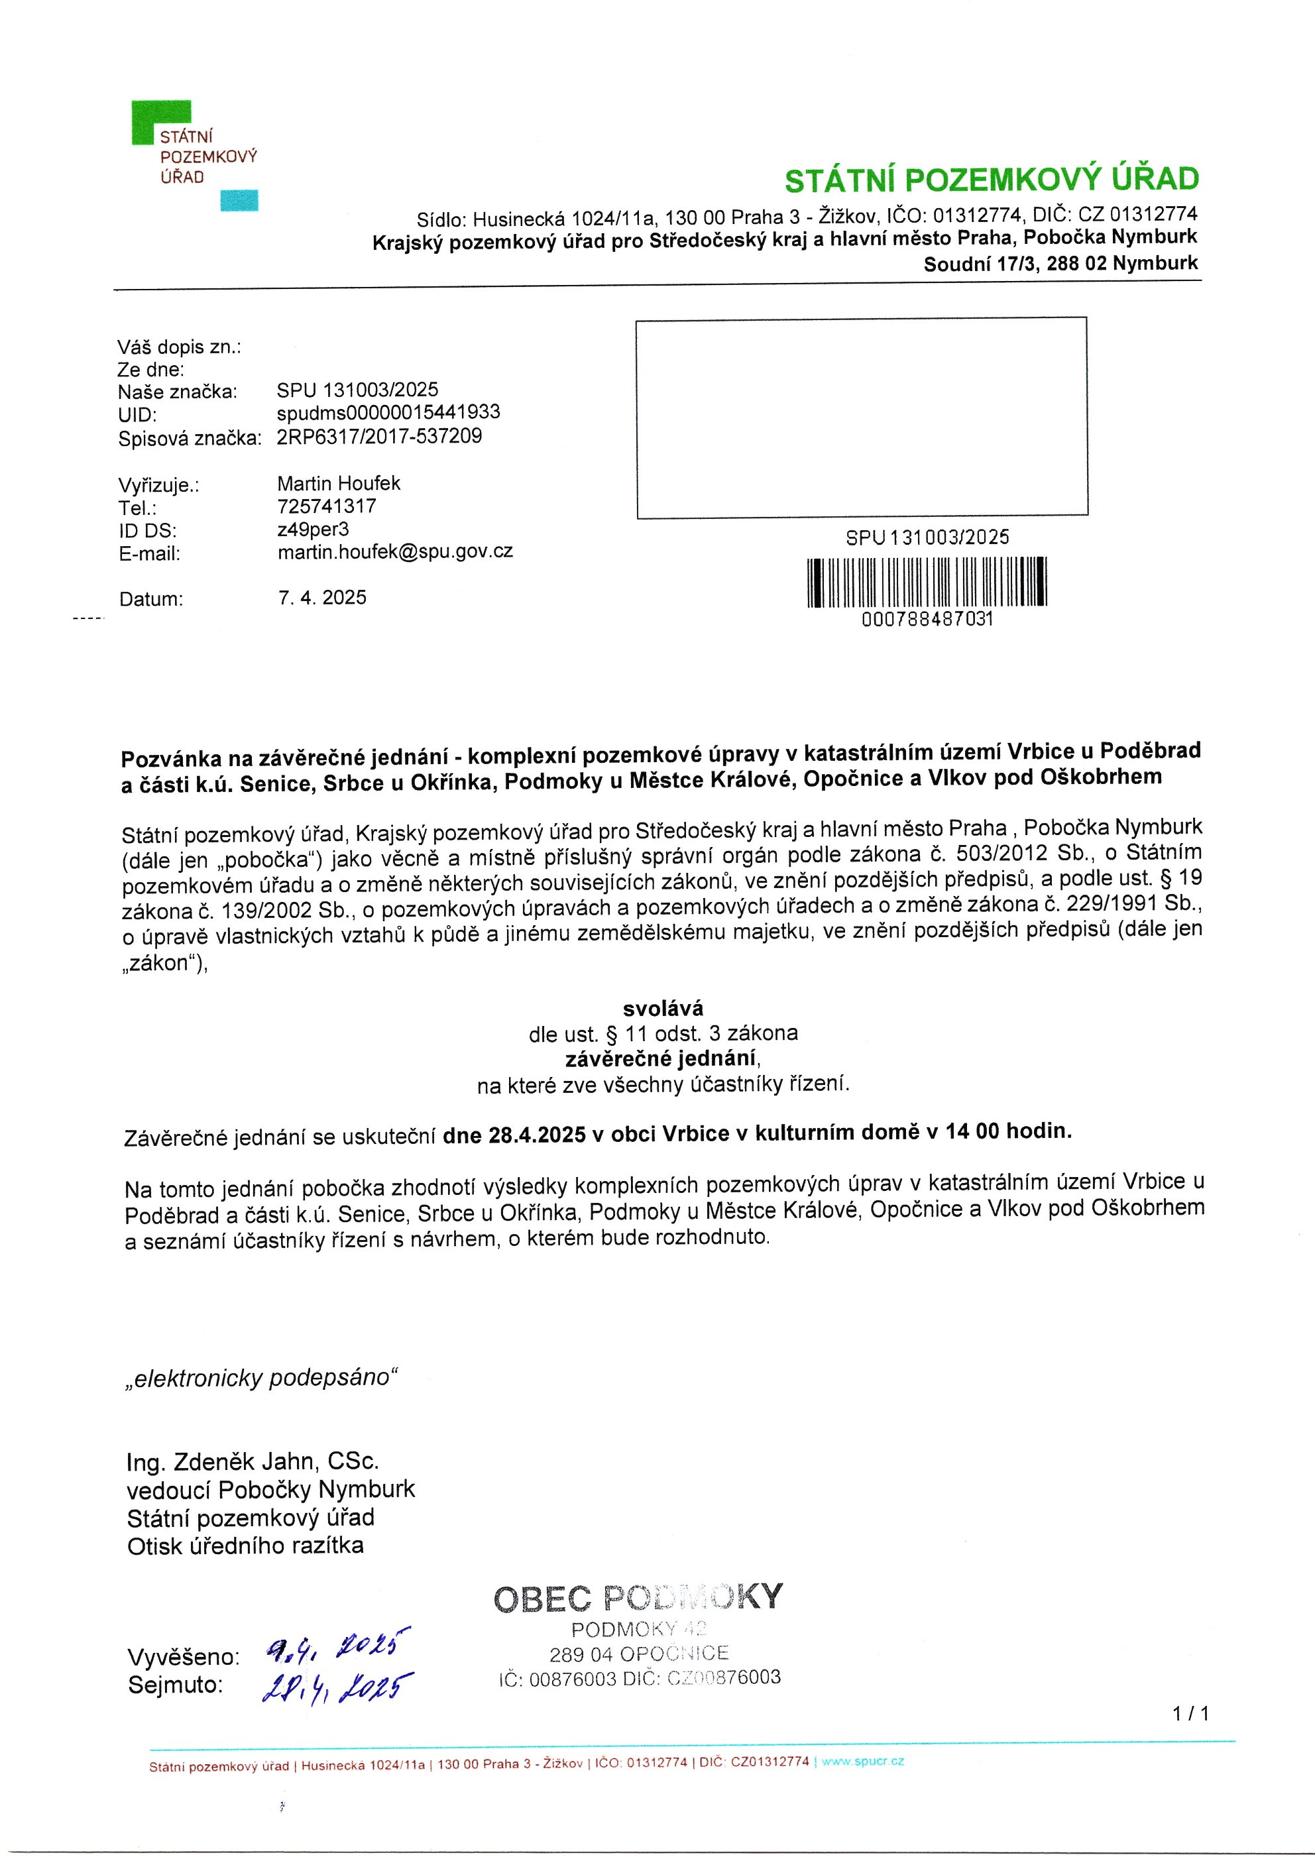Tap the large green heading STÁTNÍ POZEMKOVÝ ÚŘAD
991,180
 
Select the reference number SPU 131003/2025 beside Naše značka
357,390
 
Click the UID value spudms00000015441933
388,412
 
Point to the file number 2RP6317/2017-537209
379,436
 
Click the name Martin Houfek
339,483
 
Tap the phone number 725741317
326,506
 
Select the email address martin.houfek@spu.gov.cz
394,552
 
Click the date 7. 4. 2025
321,598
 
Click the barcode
927,581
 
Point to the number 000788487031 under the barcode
927,620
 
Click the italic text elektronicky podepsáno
262,1378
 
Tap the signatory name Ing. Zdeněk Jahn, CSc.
253,1461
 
